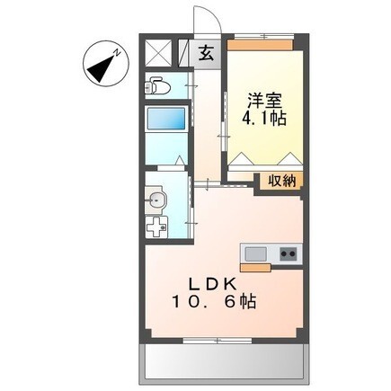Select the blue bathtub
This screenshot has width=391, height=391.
click(167, 120)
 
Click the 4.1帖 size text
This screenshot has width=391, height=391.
click(262, 118)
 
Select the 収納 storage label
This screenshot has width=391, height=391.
click(280, 181)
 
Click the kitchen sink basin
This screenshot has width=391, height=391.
click(253, 253)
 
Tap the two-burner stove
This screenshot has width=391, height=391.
click(288, 253)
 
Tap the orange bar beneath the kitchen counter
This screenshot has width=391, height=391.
click(254, 267)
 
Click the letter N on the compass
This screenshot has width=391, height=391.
click(117, 55)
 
